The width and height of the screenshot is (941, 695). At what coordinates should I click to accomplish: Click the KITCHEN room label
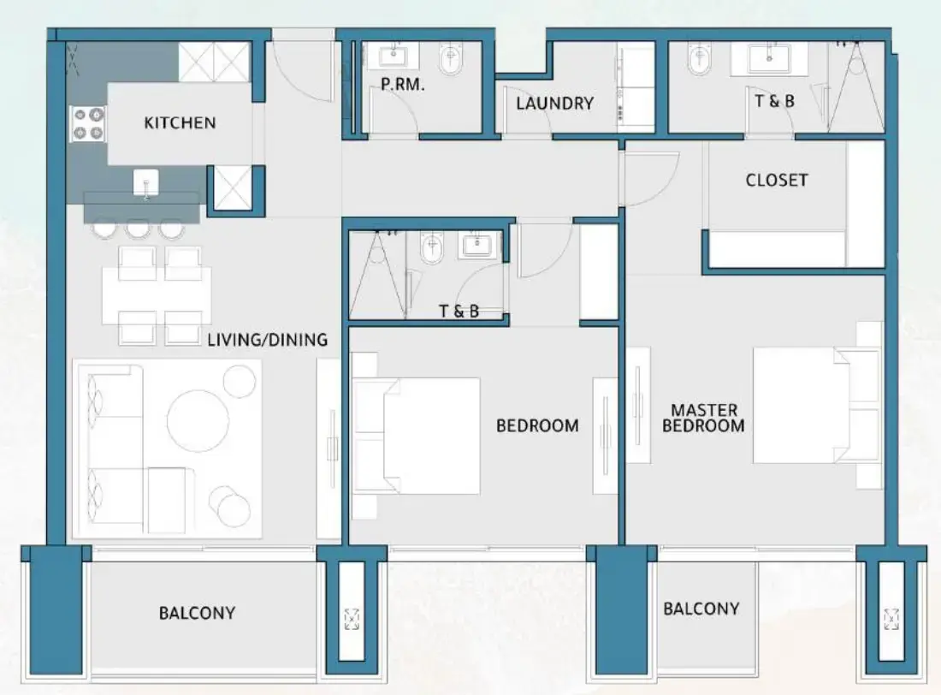point(180,122)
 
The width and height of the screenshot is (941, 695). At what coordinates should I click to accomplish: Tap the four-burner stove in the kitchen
point(87,124)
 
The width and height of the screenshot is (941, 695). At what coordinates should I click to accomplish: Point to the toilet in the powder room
point(451,60)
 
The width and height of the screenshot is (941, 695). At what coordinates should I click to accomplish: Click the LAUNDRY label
point(554,104)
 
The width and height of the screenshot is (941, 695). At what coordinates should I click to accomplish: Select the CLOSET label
point(776,180)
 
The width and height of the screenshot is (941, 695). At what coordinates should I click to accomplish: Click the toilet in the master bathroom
point(700,59)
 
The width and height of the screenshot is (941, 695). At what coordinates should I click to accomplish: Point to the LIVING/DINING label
point(267,340)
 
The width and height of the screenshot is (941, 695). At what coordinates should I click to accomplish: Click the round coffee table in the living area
point(198,420)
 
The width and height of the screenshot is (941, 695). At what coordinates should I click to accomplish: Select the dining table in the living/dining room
point(157,295)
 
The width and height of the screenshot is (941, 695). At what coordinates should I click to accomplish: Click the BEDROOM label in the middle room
point(537,425)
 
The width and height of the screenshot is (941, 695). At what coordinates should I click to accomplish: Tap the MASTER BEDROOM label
point(703,418)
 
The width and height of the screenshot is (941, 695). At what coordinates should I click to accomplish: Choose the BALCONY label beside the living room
point(197,613)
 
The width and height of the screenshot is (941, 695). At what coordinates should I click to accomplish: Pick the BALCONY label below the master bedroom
point(701,609)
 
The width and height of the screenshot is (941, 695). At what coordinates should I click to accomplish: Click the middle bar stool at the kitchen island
point(138,229)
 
